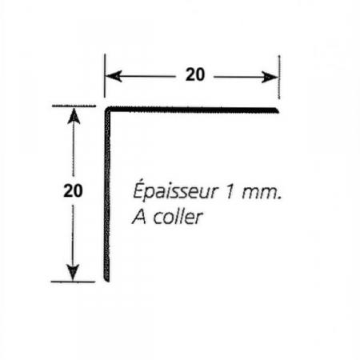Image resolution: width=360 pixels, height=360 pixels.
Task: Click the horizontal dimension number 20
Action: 195,74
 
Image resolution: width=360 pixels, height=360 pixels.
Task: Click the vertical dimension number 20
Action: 73,190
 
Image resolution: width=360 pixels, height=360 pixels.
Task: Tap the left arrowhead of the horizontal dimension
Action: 114,76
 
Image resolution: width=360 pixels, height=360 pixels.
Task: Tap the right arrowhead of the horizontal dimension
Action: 270,78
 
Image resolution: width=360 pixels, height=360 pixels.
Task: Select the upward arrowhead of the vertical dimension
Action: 74,116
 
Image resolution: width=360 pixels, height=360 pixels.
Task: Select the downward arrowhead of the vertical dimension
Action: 73,273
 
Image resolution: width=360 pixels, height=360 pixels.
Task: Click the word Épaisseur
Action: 175,190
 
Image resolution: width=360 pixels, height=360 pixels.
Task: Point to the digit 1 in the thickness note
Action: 230,192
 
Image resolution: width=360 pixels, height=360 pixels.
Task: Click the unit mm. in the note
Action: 262,194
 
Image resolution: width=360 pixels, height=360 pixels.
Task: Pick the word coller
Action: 178,217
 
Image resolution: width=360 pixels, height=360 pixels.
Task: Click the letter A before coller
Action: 139,217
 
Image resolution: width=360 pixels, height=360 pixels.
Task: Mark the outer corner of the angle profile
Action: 105,107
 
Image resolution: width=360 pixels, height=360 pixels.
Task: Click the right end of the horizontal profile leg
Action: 278,110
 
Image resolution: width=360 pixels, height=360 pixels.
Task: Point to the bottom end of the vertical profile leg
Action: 106,281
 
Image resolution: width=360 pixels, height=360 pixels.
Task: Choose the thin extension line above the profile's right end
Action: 279,77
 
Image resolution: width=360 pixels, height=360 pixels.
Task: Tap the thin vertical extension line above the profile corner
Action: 105,76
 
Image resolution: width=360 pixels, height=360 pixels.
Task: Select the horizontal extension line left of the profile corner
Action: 74,106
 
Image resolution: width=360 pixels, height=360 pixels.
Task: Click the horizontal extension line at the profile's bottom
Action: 73,282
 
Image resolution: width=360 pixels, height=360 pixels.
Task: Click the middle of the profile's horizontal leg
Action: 192,110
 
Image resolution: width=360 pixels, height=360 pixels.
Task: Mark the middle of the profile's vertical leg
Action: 107,194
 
